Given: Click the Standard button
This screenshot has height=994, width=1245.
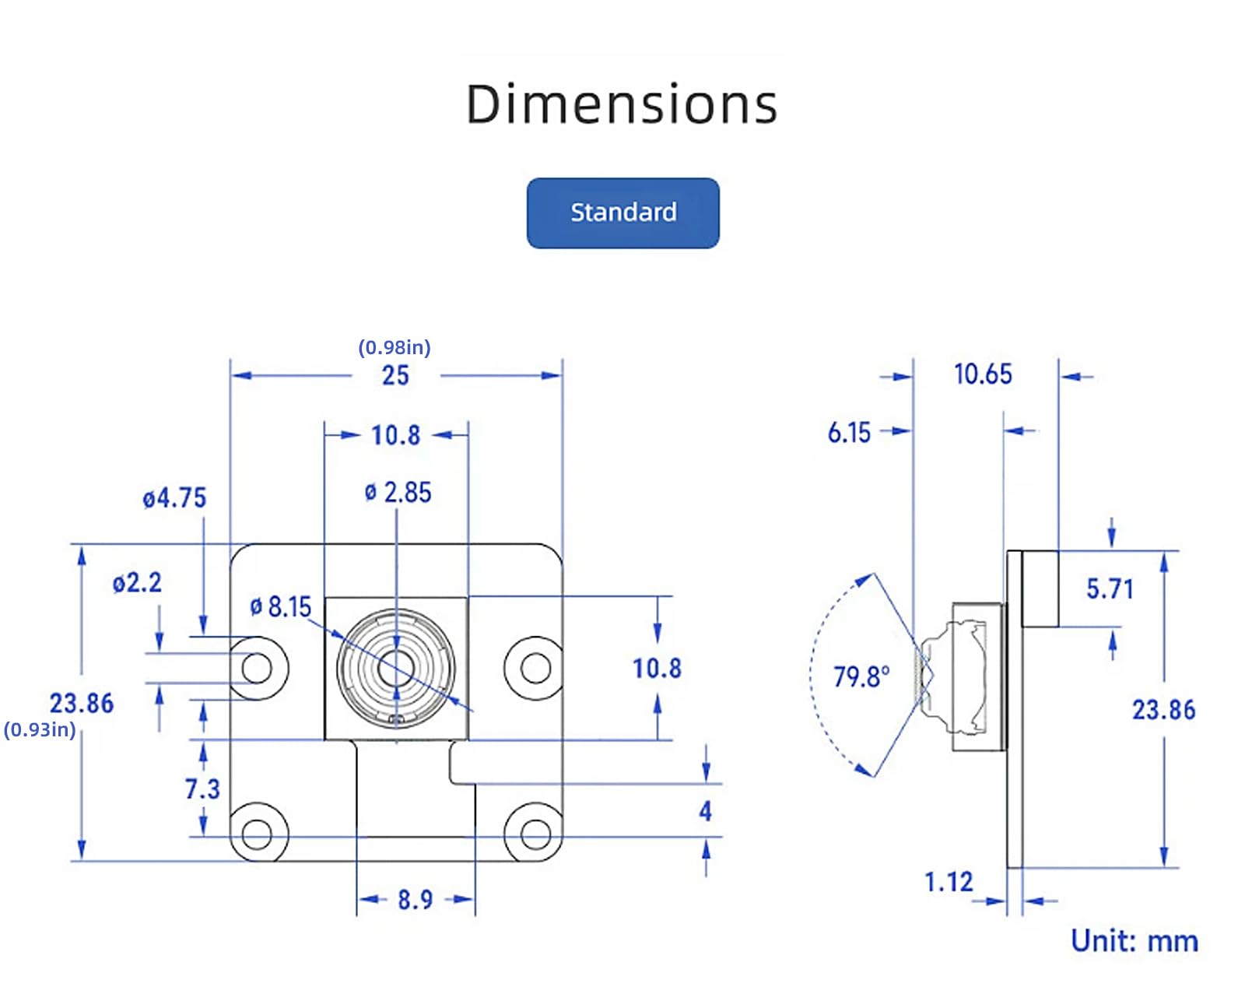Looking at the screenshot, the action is pos(622,213).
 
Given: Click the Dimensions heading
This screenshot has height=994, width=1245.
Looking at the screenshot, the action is pos(622,104).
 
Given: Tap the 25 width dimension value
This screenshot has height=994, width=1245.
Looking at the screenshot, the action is pos(395,375).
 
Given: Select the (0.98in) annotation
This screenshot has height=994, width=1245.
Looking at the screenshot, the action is pos(395,347).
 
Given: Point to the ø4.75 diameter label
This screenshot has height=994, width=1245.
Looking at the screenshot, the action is pos(174,498).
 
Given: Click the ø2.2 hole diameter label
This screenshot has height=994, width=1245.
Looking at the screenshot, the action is pos(137,582).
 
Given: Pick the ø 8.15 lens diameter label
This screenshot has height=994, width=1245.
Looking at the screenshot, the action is pos(281,606).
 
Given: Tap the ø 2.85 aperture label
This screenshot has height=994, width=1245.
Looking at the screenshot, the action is pos(398,493).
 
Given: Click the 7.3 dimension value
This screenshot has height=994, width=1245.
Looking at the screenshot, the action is pos(202,789).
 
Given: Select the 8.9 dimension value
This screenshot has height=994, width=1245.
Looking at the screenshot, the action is pos(416,900).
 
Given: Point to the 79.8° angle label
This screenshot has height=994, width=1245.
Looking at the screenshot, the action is pos(861,676).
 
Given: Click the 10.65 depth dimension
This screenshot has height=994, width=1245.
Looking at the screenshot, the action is pos(983,374).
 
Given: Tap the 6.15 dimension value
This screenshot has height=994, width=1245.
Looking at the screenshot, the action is pos(849,433).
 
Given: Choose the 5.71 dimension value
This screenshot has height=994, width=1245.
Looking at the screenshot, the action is pos(1110,588).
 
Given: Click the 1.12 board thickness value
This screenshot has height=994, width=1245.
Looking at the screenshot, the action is pos(949,882).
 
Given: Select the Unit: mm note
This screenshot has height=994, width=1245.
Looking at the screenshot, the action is pos(1135,941).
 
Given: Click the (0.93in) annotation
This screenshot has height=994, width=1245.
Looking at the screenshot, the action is pos(40,729).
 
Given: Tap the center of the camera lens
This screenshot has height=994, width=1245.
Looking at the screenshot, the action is pos(396,668).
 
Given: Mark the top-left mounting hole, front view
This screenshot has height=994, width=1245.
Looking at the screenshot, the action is pos(257,668).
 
